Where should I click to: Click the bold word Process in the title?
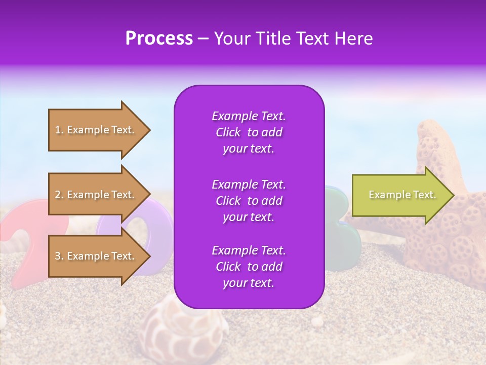pos(159,39)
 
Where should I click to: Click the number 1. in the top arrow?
pos(59,130)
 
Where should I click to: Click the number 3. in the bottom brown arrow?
pos(59,256)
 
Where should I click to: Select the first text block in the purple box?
pos(249,132)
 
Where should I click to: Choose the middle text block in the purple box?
pos(249,201)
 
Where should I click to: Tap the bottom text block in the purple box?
pos(249,267)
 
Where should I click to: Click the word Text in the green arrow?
pos(424,195)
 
